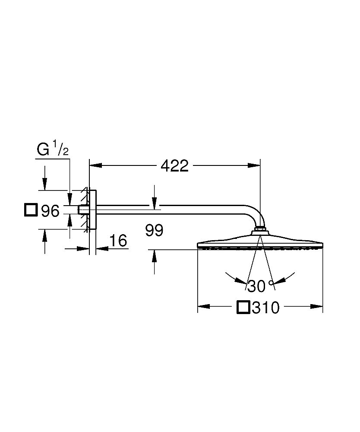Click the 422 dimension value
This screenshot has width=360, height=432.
pyautogui.click(x=174, y=165)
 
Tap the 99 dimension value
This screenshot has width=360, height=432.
pyautogui.click(x=154, y=231)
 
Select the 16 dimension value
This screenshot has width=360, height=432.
pyautogui.click(x=118, y=241)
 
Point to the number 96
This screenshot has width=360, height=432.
pyautogui.click(x=50, y=211)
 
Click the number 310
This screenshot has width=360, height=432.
pyautogui.click(x=266, y=308)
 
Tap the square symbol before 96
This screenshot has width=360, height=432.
pyautogui.click(x=31, y=210)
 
